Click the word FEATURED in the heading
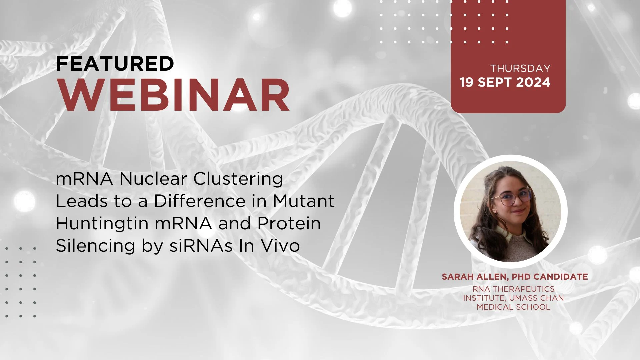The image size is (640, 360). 115,63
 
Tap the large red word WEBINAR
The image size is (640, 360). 173,95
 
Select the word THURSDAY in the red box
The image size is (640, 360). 520,68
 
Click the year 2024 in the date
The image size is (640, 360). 533,82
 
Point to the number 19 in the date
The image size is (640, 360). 467,82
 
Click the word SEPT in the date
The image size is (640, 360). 495,82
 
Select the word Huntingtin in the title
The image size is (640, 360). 102,224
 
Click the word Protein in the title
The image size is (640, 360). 289,223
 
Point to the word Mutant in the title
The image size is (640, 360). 304,201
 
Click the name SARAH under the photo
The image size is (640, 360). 455,277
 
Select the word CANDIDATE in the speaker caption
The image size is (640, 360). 561,277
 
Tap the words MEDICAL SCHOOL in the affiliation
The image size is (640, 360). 513,307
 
